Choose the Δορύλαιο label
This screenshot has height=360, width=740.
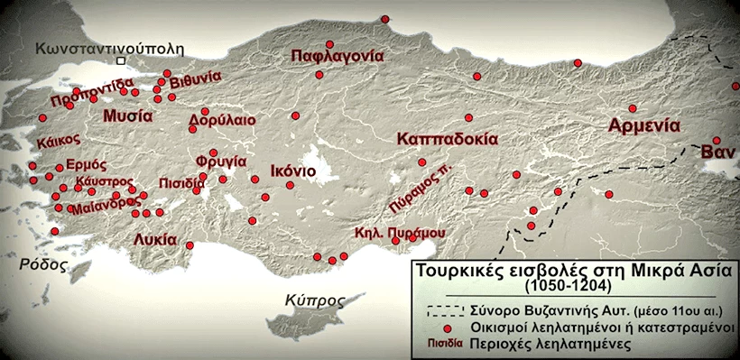[222, 120]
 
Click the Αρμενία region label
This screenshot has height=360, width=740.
[643, 125]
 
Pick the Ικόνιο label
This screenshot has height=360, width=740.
[292, 171]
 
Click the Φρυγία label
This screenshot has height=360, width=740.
[227, 162]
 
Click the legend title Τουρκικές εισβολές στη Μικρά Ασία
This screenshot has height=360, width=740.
[575, 271]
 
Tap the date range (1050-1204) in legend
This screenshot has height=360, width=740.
[567, 286]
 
